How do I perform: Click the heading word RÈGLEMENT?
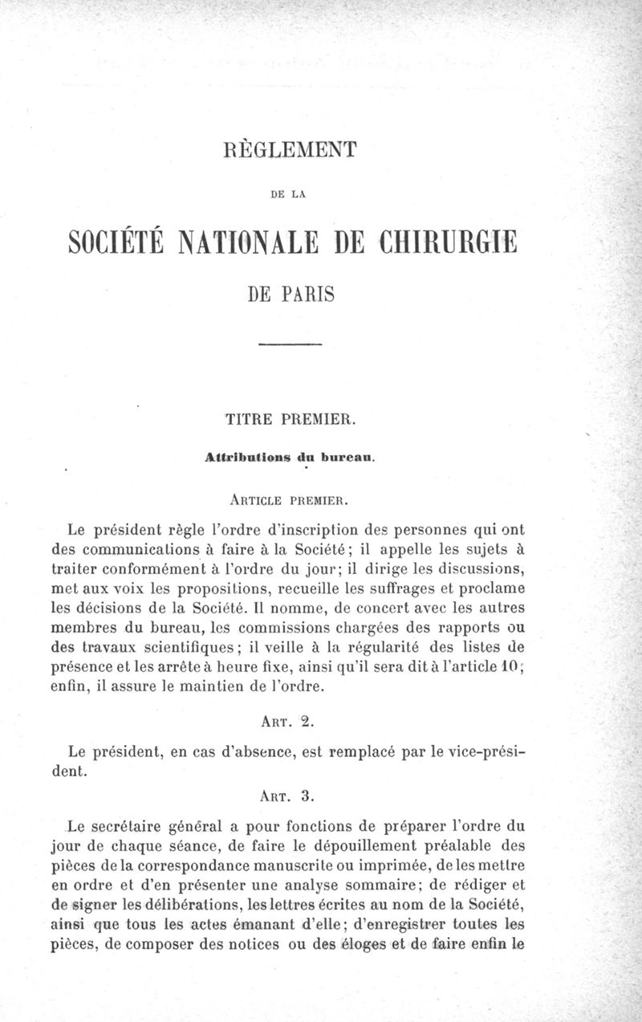[x=291, y=150]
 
